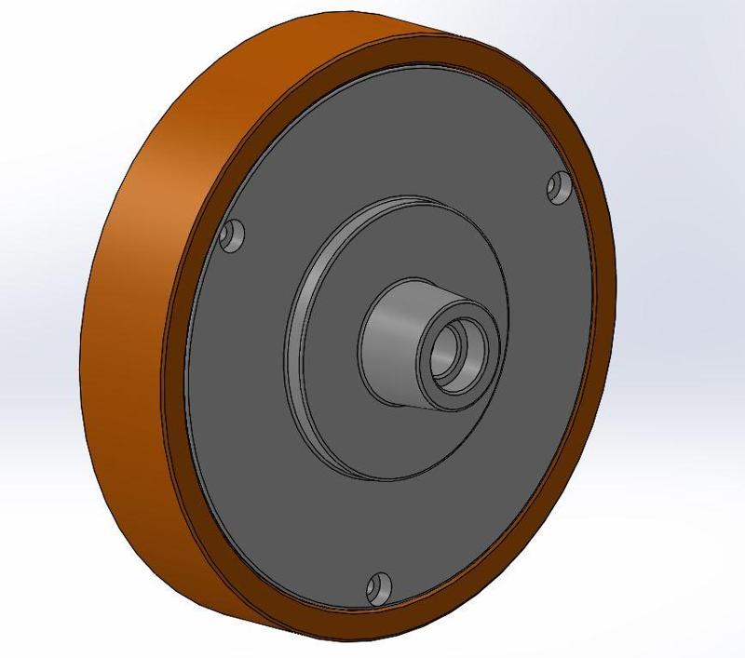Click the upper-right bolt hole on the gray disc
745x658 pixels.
[559, 188]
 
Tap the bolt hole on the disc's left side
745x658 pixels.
[233, 235]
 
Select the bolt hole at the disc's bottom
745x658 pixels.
[378, 586]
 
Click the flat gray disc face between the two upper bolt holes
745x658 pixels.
[391, 140]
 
